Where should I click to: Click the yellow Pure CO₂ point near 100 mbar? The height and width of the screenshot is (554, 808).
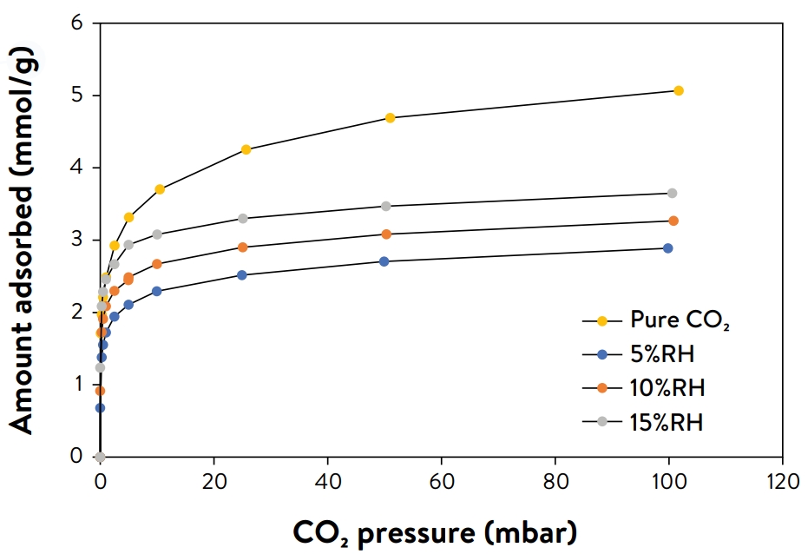coord(679,90)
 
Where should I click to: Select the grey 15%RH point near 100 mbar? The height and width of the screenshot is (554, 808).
coord(672,193)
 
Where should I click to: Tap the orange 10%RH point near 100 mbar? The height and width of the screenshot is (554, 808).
coord(673,221)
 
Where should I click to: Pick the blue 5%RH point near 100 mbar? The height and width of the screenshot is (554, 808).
coord(667,248)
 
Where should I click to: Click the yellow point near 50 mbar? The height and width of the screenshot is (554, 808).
coord(390,118)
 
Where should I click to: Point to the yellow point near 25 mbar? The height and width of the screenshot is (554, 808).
coord(246,149)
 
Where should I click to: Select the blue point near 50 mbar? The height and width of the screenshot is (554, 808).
coord(384,261)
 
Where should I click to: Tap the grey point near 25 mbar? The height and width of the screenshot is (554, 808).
coord(243,218)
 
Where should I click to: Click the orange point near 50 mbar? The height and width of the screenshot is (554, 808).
coord(386,234)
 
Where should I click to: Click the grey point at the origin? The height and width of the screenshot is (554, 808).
coord(100,457)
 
